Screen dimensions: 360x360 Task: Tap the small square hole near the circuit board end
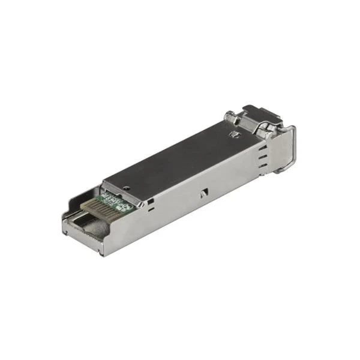(x=149, y=199)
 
